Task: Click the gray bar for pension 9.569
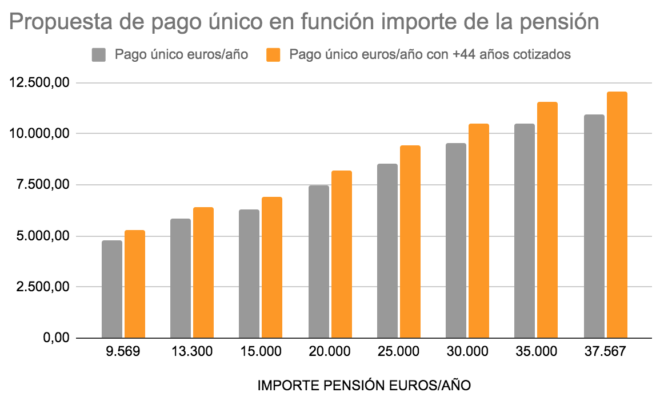112,289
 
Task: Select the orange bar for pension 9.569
135,284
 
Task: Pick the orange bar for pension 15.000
272,267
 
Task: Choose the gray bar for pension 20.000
319,262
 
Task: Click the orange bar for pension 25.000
410,241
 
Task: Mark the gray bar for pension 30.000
456,240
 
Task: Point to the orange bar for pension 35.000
547,220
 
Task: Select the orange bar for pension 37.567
617,215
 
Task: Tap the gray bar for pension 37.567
594,226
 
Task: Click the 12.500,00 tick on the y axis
39,83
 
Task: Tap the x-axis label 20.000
330,351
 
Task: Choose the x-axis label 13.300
192,351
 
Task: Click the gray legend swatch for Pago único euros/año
99,55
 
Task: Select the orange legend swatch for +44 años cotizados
274,55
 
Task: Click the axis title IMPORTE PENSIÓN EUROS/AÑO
365,386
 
